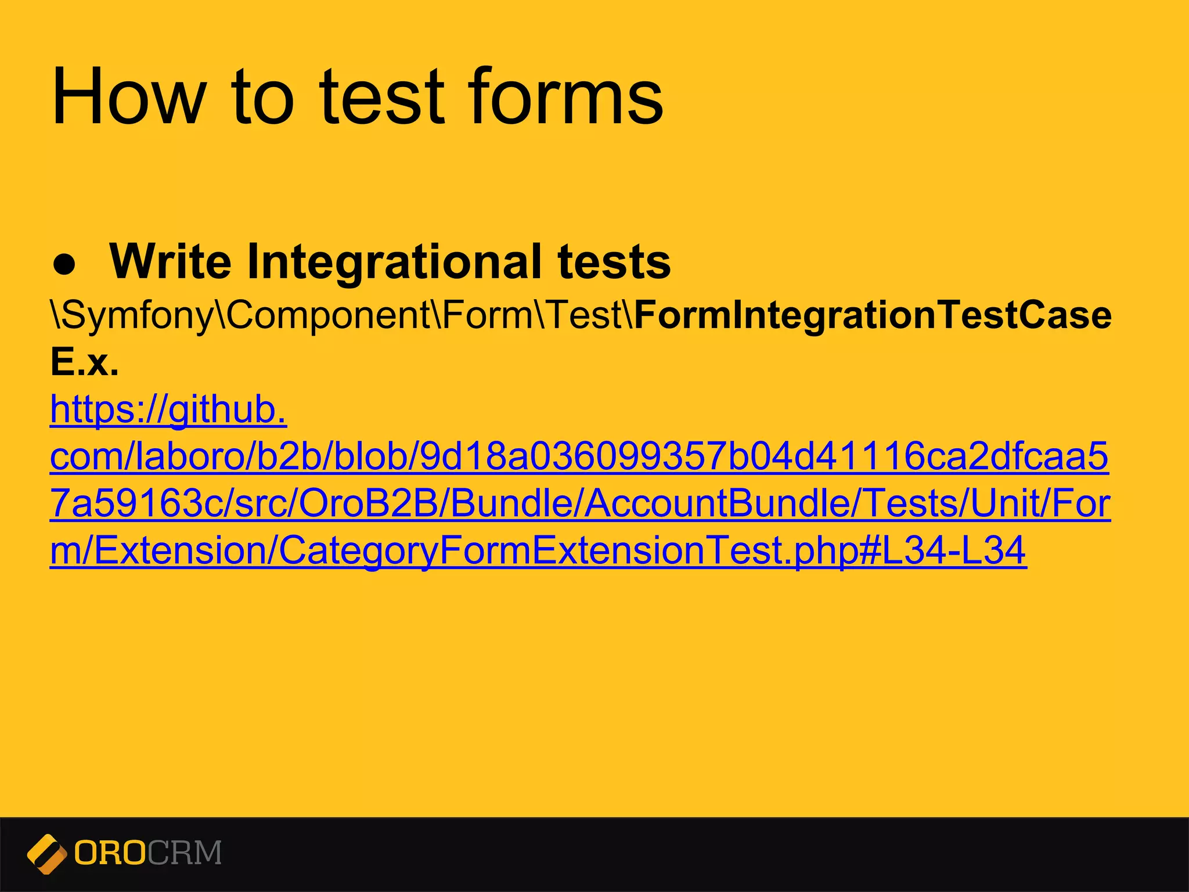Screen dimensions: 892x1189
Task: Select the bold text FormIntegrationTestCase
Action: pos(873,315)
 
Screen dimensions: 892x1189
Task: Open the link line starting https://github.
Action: pos(168,410)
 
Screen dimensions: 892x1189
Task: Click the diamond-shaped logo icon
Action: pos(48,854)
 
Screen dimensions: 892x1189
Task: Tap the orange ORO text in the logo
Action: pos(110,854)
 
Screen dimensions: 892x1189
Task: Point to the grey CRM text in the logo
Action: pos(185,854)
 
